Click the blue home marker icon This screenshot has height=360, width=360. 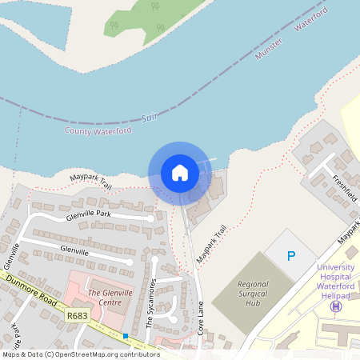pos(180,172)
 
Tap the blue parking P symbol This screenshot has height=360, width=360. pos(291,256)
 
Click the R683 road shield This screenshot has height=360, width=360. pos(78,317)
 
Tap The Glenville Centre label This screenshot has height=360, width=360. pos(110,297)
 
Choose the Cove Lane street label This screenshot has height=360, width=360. pos(201,318)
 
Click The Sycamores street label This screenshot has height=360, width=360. pos(150,304)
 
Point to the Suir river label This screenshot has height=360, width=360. pos(148,118)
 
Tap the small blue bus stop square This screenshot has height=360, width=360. pos(126,336)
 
